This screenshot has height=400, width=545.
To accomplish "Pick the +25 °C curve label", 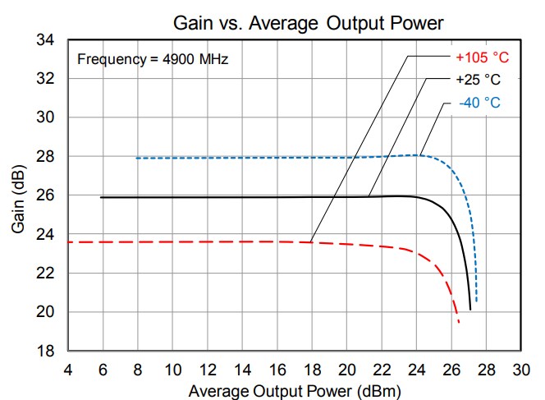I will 479,80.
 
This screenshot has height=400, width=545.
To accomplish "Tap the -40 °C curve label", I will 479,103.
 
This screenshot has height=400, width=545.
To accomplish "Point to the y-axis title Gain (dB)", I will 18,196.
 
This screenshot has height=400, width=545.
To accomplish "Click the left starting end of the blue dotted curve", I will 137,158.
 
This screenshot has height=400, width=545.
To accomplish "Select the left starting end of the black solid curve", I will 101,197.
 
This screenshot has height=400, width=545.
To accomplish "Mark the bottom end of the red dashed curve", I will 459,322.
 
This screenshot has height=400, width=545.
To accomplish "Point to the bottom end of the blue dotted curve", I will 476,301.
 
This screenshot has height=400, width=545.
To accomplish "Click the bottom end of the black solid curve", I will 470,309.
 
